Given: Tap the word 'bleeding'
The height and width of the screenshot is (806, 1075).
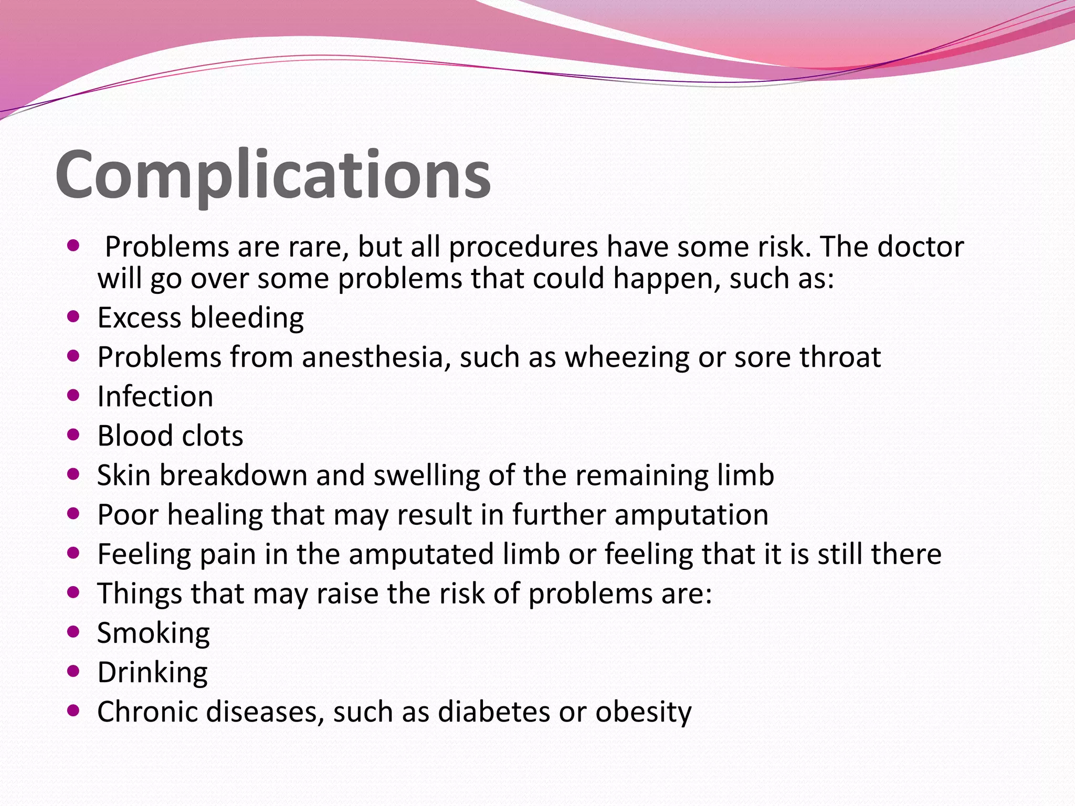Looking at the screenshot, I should pos(247,318).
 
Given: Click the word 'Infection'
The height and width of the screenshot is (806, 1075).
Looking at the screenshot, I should pos(155,397).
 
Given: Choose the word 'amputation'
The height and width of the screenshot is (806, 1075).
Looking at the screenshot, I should pos(691,515).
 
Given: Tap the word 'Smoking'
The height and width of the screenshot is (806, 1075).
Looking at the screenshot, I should pos(153,633).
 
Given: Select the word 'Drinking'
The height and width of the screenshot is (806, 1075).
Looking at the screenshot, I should pos(152,673).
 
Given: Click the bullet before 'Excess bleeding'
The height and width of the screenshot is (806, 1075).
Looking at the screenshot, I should pos(73,316).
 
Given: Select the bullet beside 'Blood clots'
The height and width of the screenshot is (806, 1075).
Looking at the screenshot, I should pos(73,434).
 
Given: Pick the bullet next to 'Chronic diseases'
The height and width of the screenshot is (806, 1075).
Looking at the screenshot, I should pos(73,710).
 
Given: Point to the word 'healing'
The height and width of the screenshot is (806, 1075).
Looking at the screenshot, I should pos(215,515).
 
